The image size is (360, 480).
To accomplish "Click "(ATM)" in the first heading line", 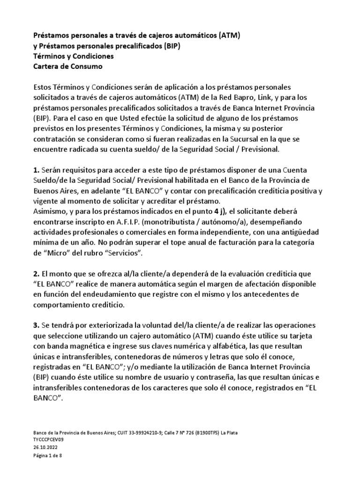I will pos(228,36).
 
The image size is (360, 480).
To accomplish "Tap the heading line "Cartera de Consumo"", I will pos(68,67).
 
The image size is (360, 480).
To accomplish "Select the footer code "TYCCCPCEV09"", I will pos(48,440).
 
